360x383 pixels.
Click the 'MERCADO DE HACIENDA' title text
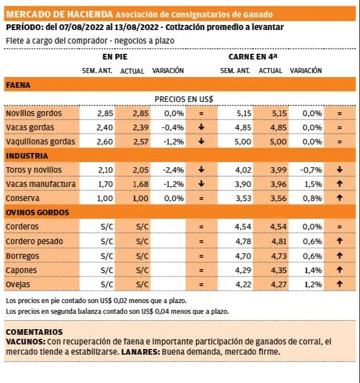pos(58,14)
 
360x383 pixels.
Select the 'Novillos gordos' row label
pos(33,113)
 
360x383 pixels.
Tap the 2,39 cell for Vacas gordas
pos(136,127)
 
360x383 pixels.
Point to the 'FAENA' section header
pos(18,85)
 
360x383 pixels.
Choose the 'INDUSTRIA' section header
pos(26,156)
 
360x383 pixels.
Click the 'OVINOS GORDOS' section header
pos(37,212)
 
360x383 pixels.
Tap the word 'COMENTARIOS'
pos(34,332)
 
